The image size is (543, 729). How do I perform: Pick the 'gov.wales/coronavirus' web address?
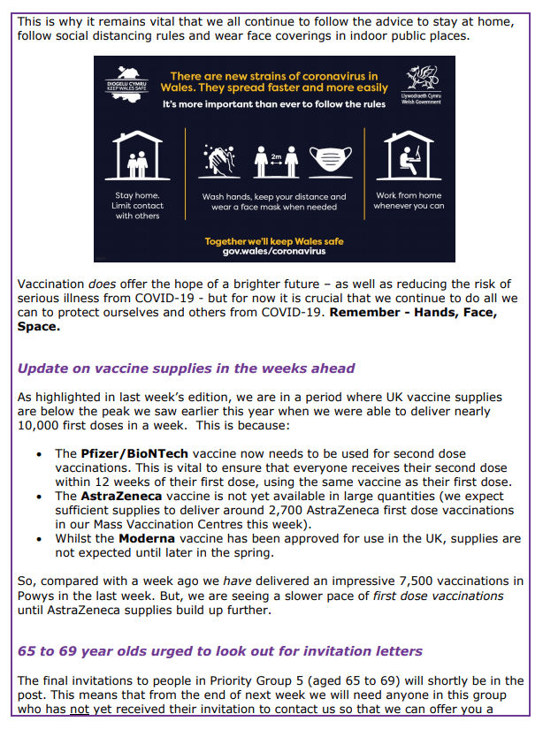[274, 252]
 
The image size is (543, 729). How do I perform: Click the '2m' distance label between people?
[275, 151]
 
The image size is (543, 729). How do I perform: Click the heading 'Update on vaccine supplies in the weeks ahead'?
[187, 368]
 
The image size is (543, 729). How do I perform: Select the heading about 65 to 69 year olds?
[220, 651]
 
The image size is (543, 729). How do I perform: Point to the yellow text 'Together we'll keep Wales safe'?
[274, 240]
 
